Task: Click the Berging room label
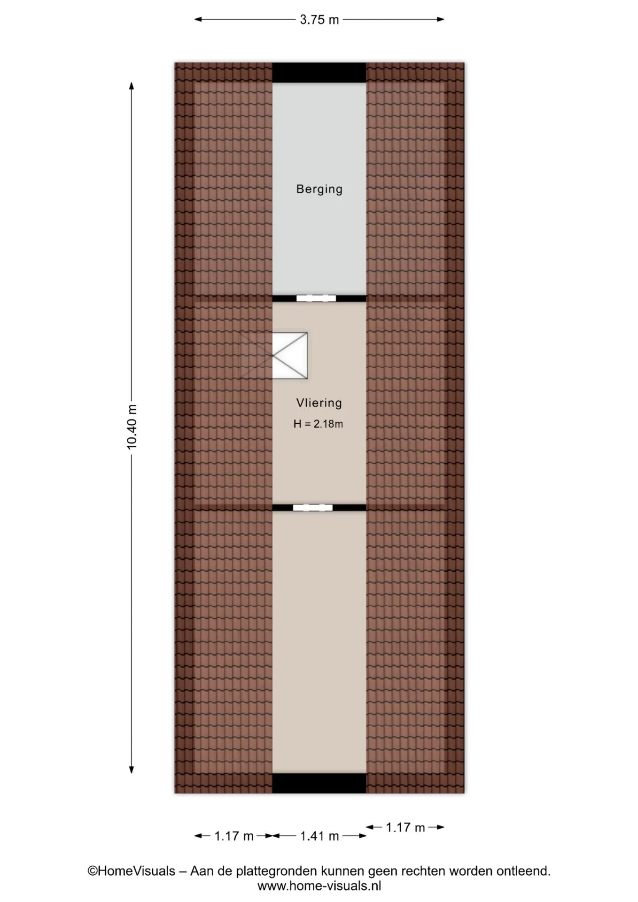tap(319, 189)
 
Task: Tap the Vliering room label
tap(319, 403)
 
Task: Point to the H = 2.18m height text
tap(318, 424)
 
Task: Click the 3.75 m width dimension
tap(319, 20)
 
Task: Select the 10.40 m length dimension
tap(132, 427)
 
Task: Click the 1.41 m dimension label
tap(319, 836)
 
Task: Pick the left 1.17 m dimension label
tap(234, 836)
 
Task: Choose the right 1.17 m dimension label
tap(405, 827)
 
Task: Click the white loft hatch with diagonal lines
tap(290, 356)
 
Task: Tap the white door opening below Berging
tap(316, 298)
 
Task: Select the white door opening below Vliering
tap(313, 507)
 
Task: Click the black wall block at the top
tap(319, 72)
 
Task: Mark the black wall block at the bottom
tap(319, 783)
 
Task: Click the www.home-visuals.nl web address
tap(319, 886)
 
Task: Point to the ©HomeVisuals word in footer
tap(131, 871)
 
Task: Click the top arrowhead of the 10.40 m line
tap(132, 86)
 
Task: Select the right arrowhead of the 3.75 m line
tap(440, 19)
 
